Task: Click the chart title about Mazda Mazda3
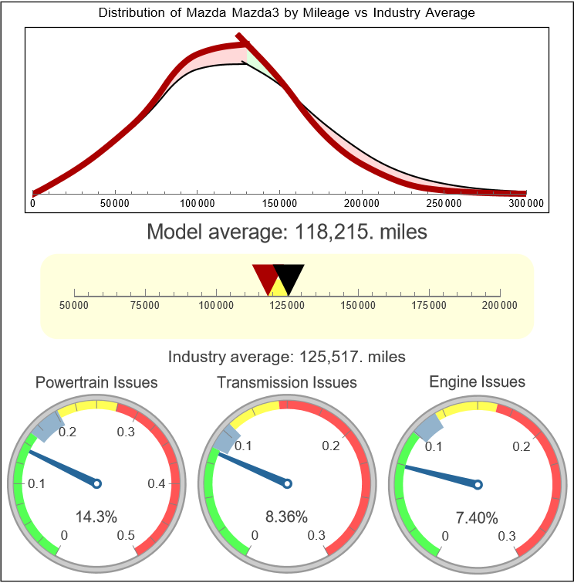(287, 13)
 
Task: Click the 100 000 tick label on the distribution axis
(197, 203)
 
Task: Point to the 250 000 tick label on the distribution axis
(444, 203)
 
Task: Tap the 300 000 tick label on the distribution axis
(526, 203)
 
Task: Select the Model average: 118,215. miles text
(287, 232)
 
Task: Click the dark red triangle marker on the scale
(265, 276)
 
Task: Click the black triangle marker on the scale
(289, 276)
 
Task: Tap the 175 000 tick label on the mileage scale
(429, 306)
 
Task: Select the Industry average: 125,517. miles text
(287, 357)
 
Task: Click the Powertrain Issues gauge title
(97, 382)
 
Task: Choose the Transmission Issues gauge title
(287, 382)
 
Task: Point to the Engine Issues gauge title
(477, 381)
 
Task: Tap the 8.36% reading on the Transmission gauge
(286, 517)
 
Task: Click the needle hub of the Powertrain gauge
(97, 483)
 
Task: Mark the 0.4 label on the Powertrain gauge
(157, 484)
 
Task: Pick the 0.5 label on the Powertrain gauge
(126, 536)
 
